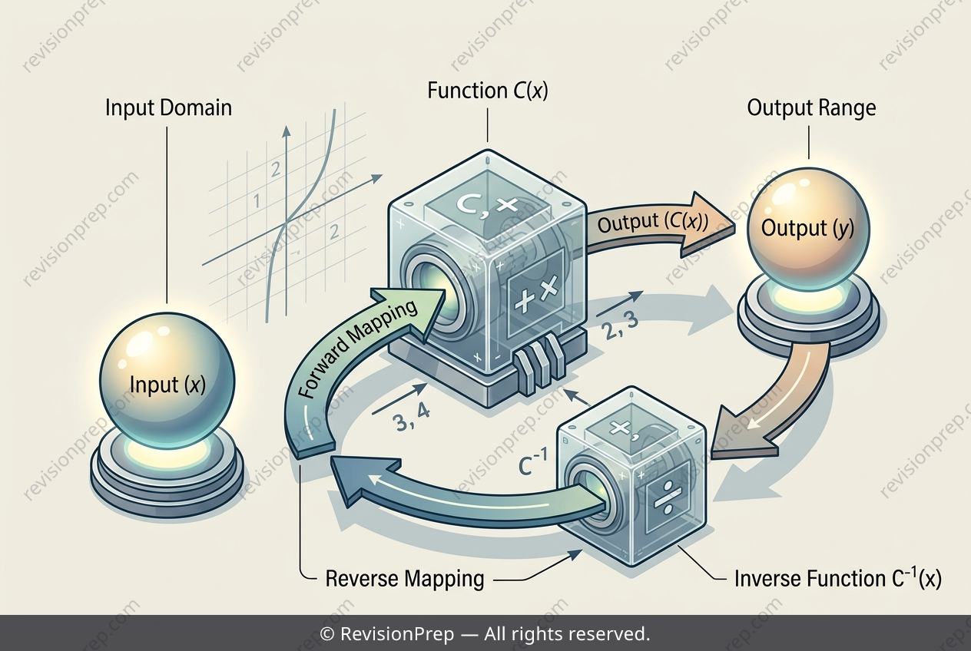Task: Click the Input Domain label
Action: tap(169, 107)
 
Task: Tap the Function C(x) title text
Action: tap(488, 91)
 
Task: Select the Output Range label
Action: tap(811, 108)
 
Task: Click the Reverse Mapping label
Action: tap(404, 579)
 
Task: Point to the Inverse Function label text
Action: tap(838, 578)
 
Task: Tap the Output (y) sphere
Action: tap(809, 227)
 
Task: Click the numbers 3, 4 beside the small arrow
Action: tap(410, 419)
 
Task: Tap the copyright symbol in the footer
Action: tap(326, 634)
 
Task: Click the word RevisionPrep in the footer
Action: tap(397, 634)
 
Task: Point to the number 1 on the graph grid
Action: tap(257, 201)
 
